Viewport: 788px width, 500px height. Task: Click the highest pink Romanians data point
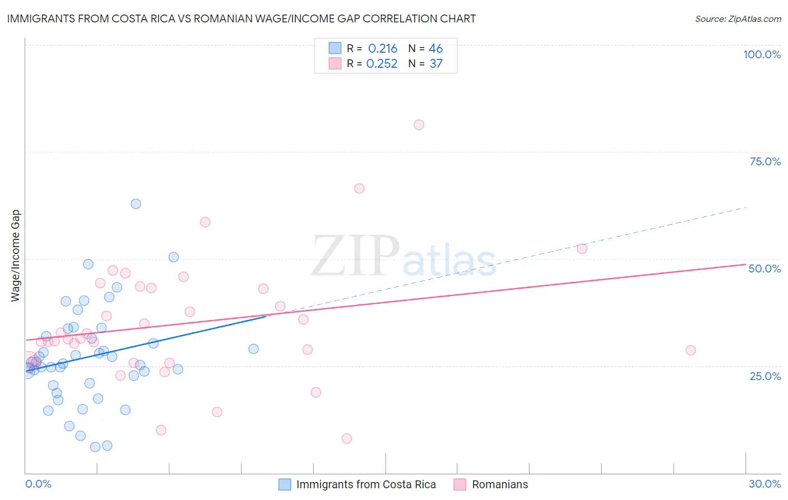click(419, 125)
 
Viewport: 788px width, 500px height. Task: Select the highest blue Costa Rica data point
click(136, 204)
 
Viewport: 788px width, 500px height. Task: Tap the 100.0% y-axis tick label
click(762, 54)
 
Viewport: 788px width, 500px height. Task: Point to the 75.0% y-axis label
click(765, 161)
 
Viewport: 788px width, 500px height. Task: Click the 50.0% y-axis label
click(764, 268)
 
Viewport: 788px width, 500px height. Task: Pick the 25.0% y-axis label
click(765, 376)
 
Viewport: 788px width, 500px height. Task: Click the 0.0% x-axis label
click(38, 484)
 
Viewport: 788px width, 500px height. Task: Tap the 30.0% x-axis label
click(764, 484)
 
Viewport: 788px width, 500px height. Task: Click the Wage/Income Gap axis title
click(16, 256)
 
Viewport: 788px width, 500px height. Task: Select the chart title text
click(242, 18)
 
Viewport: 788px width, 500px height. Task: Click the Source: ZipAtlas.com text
click(738, 19)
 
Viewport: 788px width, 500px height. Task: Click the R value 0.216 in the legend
click(382, 49)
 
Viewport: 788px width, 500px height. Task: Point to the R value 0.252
click(382, 64)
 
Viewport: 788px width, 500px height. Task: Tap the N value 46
click(435, 49)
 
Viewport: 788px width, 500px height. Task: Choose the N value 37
click(436, 64)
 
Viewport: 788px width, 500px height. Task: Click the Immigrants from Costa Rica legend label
click(365, 485)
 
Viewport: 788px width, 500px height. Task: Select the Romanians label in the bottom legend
click(499, 485)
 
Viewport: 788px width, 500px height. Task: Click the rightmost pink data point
click(690, 350)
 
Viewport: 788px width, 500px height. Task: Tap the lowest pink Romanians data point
click(346, 438)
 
